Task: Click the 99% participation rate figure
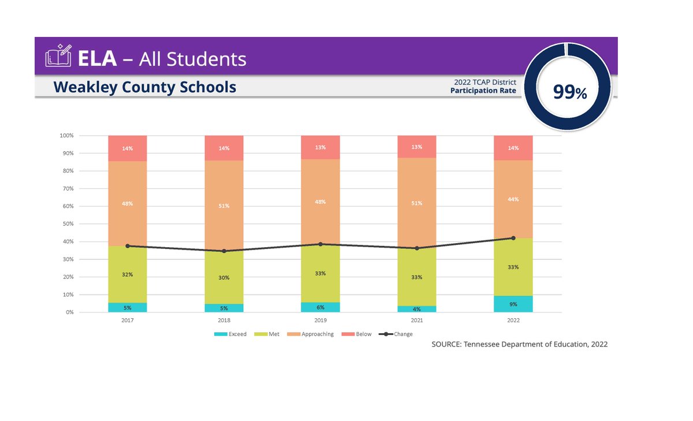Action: tap(569, 92)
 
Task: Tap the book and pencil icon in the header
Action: tap(59, 56)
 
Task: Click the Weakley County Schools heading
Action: tap(144, 87)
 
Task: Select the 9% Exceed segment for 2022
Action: tap(513, 304)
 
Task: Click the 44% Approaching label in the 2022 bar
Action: tap(513, 199)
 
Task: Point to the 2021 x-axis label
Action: tap(416, 320)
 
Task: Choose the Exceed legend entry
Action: tap(230, 334)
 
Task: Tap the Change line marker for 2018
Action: tap(224, 251)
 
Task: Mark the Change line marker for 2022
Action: tap(513, 238)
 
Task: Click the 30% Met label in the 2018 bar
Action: tap(224, 278)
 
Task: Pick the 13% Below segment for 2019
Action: tap(320, 147)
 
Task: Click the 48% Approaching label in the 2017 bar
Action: tap(128, 203)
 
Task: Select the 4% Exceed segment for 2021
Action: tap(416, 309)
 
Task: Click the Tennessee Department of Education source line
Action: tap(519, 344)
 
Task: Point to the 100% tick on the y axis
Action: tap(66, 136)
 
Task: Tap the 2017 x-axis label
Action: tap(128, 320)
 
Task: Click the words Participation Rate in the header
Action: tap(483, 91)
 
